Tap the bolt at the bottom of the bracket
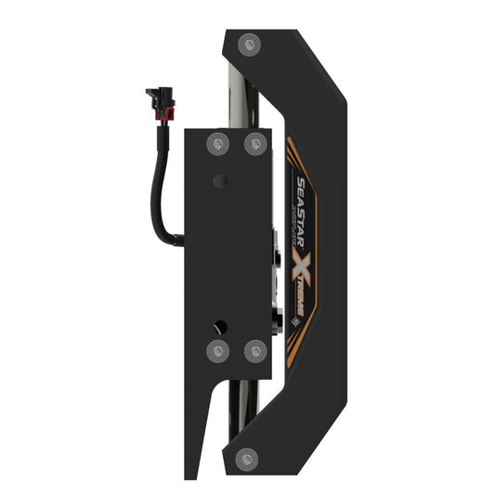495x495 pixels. [x=247, y=456]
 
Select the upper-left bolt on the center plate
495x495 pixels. [x=218, y=143]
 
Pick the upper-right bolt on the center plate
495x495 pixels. [x=254, y=143]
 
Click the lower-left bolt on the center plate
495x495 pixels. [x=218, y=351]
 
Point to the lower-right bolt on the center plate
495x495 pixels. [x=254, y=351]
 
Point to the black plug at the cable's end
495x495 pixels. [x=154, y=95]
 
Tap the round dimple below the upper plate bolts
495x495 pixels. [x=219, y=179]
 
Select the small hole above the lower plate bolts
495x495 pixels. [x=219, y=326]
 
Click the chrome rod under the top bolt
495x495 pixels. [x=243, y=88]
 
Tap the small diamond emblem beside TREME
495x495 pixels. [x=296, y=322]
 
